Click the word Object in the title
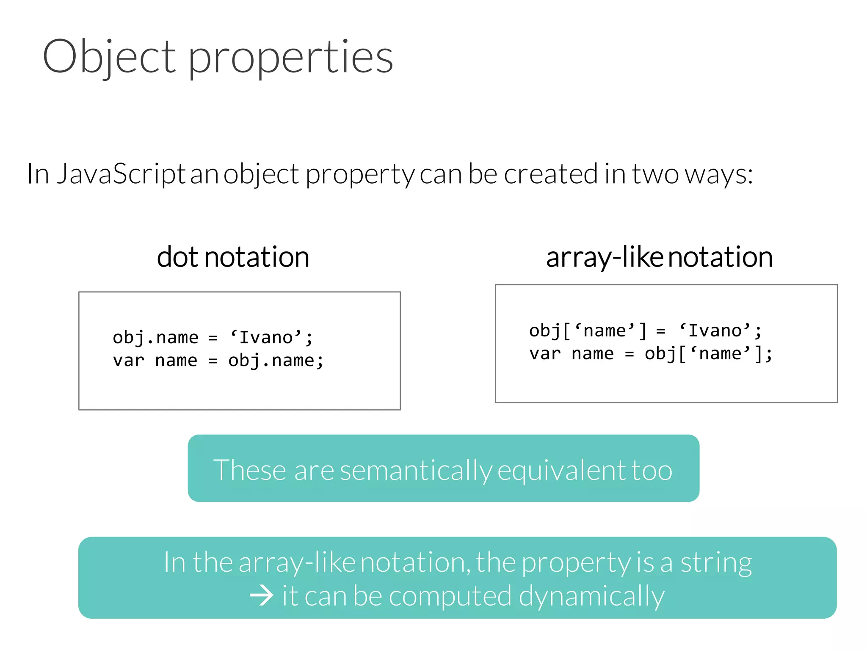coord(109,56)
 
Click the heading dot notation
coord(233,257)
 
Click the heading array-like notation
coord(659,257)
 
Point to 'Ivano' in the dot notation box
coord(266,338)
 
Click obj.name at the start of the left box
coord(155,338)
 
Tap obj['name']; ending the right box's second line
coord(708,354)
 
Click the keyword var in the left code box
coord(128,361)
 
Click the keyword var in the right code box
coord(545,354)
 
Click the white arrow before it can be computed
coord(261,596)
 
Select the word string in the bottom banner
coord(716,563)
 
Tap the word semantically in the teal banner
coord(416,471)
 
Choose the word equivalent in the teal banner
coord(561,471)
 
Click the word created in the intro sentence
coord(550,174)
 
